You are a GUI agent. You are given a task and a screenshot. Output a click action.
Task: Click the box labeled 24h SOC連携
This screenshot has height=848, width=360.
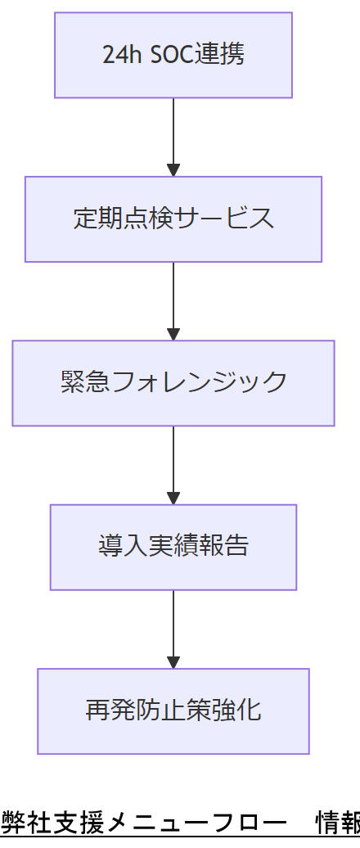coord(173,55)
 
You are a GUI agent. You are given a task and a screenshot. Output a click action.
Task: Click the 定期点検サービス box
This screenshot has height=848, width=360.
coord(173,219)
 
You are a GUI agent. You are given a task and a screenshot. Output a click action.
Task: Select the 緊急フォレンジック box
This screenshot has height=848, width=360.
coord(173,382)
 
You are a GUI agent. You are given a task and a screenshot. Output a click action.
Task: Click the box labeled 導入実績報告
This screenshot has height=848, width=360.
coord(173,547)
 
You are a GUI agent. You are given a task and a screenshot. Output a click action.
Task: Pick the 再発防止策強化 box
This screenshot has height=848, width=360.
coord(173,710)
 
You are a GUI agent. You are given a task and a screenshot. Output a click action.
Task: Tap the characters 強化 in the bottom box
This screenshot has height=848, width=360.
coord(242,710)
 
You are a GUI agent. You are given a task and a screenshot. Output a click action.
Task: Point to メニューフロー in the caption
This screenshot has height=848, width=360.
coord(196,821)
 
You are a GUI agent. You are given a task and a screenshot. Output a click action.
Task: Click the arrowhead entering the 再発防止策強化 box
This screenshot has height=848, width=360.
coord(173,661)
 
